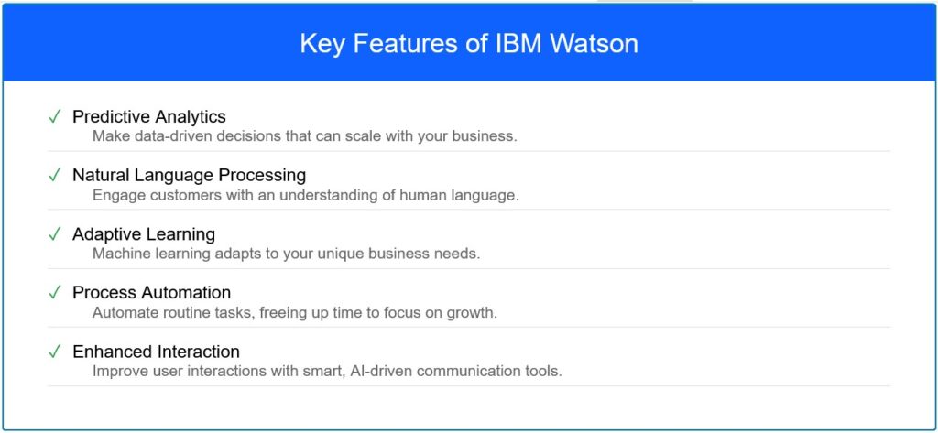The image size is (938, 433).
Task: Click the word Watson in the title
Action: pyautogui.click(x=594, y=44)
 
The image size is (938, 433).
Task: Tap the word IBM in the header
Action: pyautogui.click(x=519, y=44)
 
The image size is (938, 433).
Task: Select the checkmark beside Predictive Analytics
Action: pyautogui.click(x=54, y=116)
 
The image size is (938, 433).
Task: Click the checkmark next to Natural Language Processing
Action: pyautogui.click(x=54, y=175)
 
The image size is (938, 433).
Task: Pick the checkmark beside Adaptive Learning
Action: pyautogui.click(x=54, y=234)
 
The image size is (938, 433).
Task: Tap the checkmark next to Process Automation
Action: pyautogui.click(x=54, y=293)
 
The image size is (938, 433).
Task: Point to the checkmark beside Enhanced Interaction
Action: pyautogui.click(x=54, y=352)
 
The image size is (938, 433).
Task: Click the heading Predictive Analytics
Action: pyautogui.click(x=149, y=116)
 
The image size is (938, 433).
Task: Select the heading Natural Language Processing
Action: pyautogui.click(x=189, y=175)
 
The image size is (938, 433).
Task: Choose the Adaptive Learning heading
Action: pyautogui.click(x=144, y=233)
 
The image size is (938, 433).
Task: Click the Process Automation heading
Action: pyautogui.click(x=151, y=292)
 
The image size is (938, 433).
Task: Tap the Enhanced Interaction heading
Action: pyautogui.click(x=156, y=351)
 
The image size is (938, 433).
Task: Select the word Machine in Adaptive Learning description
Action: pyautogui.click(x=116, y=254)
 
